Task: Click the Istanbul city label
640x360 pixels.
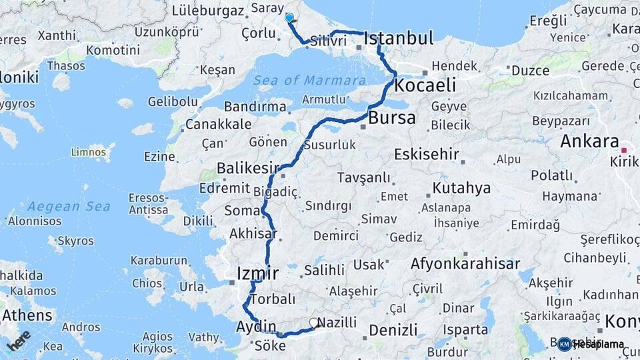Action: coord(399,38)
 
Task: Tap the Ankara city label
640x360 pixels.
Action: coord(589,141)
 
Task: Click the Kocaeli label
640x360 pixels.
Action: coord(425,85)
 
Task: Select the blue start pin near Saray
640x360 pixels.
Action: coord(289,18)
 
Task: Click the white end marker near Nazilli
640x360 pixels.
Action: coord(314,323)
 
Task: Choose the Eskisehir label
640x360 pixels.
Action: coord(426,155)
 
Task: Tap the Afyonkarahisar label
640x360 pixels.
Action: coord(465,263)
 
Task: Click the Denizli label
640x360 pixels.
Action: coord(393,330)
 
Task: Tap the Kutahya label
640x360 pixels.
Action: coord(461,187)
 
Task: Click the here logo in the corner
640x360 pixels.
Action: coord(18,340)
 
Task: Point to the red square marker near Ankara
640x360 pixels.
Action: coord(625,150)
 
